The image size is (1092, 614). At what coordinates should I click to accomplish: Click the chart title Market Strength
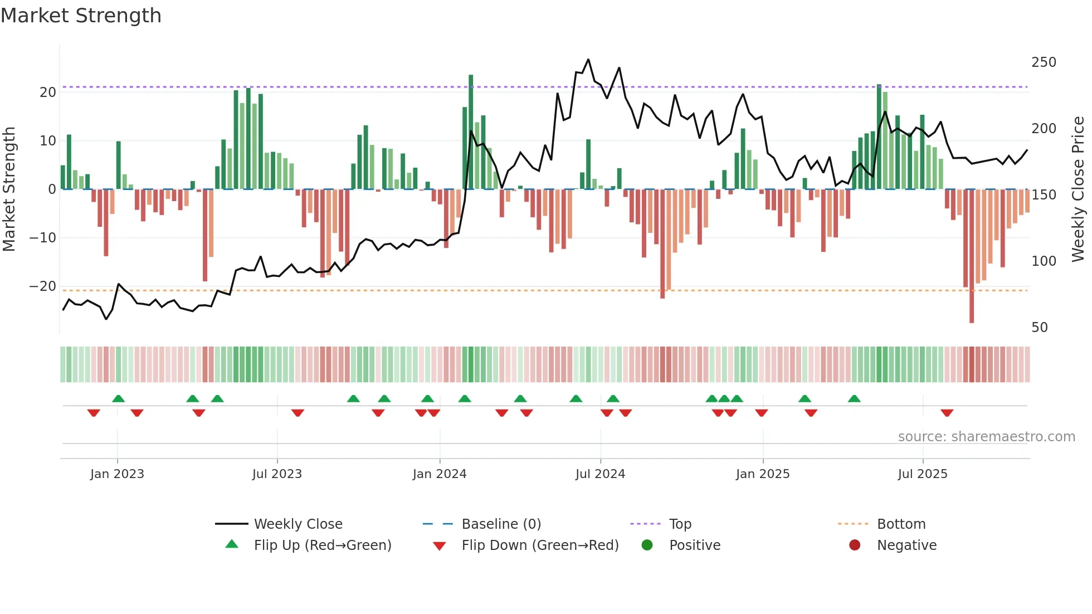[x=81, y=16]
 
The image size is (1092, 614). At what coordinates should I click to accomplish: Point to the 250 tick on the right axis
[x=1043, y=62]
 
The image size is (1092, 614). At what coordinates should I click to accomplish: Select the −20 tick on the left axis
[x=43, y=286]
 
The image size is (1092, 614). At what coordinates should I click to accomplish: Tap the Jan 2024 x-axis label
[x=439, y=474]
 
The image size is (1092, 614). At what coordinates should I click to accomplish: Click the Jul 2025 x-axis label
[x=922, y=474]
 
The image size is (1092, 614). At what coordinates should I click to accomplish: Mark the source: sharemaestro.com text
[x=986, y=437]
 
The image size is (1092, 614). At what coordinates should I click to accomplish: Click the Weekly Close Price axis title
[x=1078, y=189]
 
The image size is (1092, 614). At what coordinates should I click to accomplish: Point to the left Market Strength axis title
[x=9, y=189]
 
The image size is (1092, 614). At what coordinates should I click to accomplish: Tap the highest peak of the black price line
[x=588, y=60]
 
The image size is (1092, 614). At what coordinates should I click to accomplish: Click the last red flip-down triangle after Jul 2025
[x=947, y=413]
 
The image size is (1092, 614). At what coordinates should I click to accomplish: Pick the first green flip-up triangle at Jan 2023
[x=118, y=398]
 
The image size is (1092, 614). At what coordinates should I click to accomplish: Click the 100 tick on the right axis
[x=1043, y=261]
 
